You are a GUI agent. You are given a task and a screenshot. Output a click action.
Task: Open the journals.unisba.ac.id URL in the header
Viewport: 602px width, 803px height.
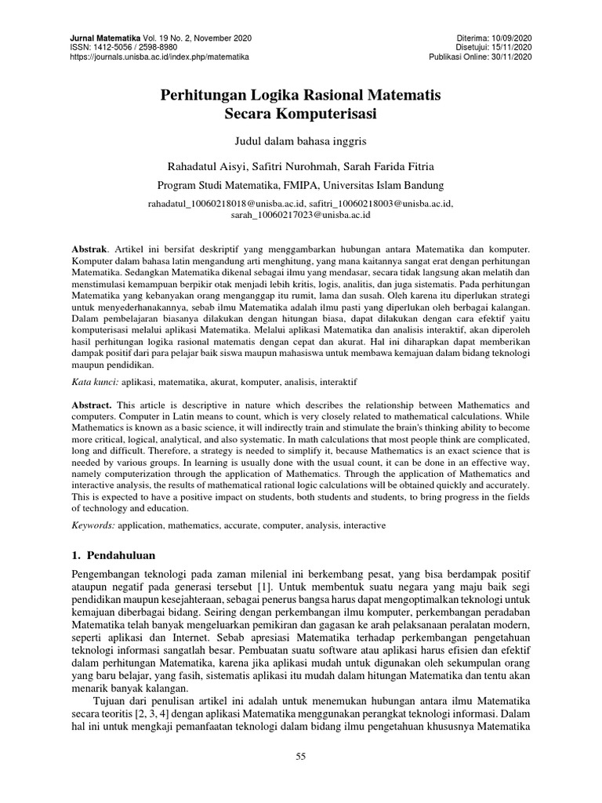click(x=159, y=57)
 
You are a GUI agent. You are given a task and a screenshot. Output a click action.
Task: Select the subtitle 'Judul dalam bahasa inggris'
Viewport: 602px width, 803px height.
click(x=301, y=142)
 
